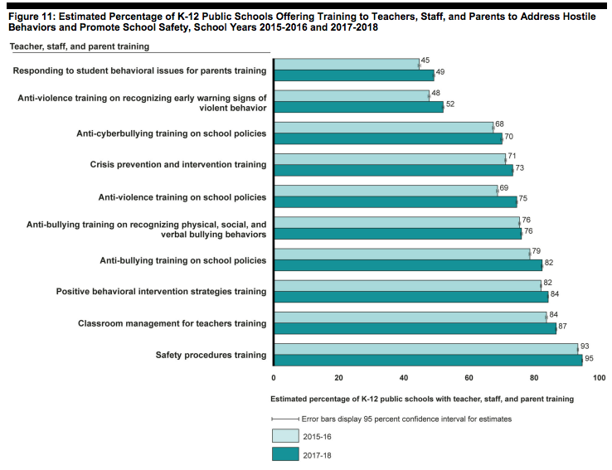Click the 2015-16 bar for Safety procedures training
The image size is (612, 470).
425,348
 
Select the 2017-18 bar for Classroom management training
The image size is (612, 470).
415,328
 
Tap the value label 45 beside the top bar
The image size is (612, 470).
425,60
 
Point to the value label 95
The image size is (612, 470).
590,359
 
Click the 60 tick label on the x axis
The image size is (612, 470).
469,377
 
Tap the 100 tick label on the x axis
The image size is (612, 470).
598,377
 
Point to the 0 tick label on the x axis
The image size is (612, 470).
274,377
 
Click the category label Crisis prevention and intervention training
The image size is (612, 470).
178,165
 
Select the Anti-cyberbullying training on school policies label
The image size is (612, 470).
172,133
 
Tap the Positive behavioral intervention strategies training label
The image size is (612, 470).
161,292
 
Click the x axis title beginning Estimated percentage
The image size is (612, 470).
422,399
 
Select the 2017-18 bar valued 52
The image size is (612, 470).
358,107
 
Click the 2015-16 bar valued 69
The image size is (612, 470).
386,190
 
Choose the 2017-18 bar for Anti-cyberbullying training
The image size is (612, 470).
388,138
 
